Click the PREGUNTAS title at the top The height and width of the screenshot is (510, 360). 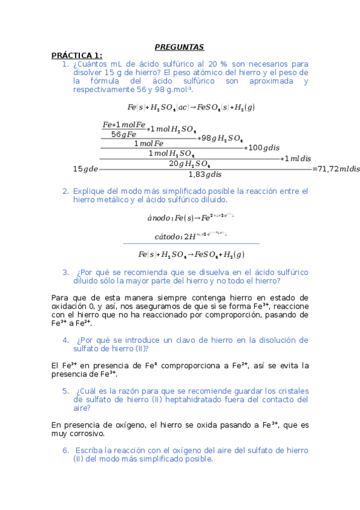click(180, 46)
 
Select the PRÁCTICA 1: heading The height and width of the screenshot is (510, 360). click(77, 55)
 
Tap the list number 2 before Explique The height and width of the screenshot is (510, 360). click(65, 191)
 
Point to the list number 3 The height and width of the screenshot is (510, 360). click(66, 272)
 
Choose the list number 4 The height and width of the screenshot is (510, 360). click(66, 340)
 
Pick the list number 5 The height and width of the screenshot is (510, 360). click(66, 391)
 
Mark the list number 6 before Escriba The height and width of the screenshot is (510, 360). click(66, 450)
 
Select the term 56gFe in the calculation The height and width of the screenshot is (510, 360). click(124, 134)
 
